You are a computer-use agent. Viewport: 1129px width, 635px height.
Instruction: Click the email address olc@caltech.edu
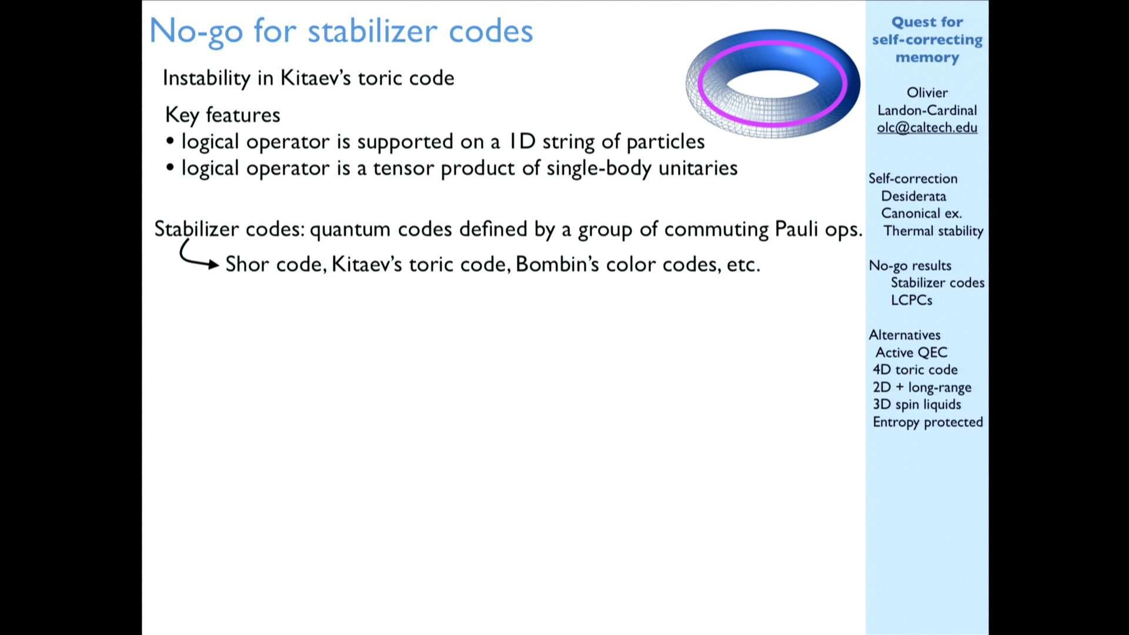click(x=927, y=128)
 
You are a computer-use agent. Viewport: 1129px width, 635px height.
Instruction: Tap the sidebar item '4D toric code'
click(x=915, y=370)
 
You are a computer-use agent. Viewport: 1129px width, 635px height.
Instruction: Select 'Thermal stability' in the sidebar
click(x=933, y=231)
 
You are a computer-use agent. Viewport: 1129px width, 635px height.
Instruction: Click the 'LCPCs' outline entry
click(x=911, y=300)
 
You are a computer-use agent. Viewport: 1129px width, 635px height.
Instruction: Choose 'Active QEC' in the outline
click(x=911, y=352)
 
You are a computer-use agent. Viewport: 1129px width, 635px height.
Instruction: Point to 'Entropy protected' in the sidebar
click(x=928, y=422)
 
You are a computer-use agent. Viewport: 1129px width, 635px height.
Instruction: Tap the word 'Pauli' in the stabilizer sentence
click(x=796, y=229)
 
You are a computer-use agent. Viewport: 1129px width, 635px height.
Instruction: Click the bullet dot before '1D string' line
click(x=170, y=141)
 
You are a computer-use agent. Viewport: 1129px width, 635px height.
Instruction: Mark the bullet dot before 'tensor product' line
click(x=170, y=168)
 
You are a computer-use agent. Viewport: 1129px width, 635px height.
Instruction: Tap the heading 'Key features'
click(x=223, y=115)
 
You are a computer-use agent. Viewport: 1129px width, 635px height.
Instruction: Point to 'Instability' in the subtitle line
click(x=206, y=78)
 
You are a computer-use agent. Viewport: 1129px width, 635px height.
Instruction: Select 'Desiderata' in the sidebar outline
click(x=913, y=196)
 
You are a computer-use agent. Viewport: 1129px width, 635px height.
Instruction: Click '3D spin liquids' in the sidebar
click(x=917, y=405)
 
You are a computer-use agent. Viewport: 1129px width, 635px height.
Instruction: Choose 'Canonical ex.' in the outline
click(x=921, y=213)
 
